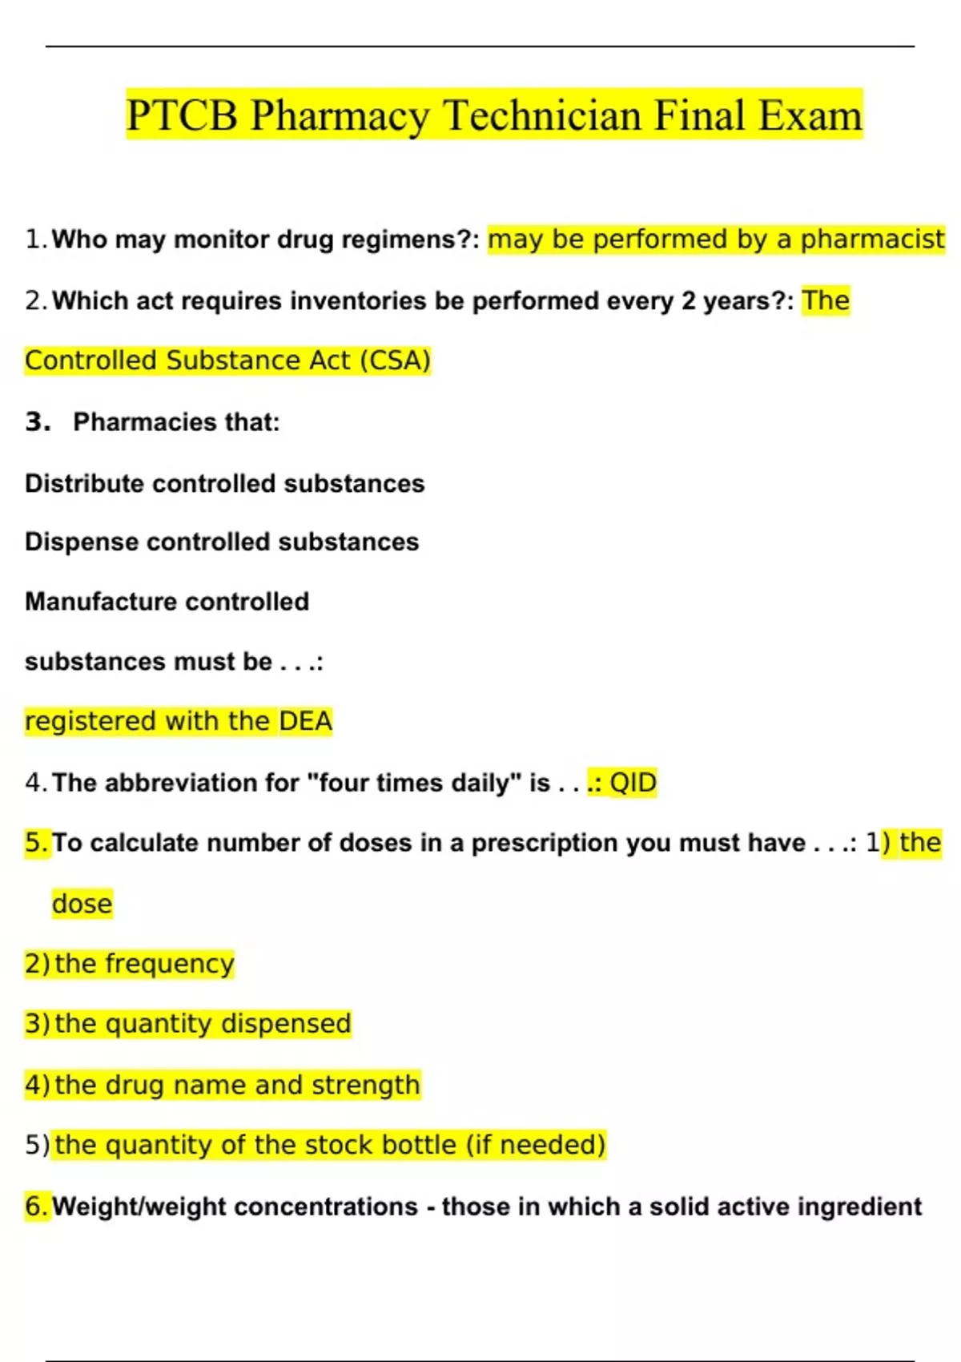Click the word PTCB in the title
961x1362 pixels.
(x=183, y=115)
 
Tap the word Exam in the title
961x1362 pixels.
(x=810, y=115)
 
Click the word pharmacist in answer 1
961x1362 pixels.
(x=872, y=240)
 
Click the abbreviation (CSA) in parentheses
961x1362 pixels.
(x=395, y=361)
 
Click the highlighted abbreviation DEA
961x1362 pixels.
(x=305, y=722)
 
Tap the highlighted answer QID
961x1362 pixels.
(x=633, y=783)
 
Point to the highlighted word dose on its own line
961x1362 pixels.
(x=82, y=904)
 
